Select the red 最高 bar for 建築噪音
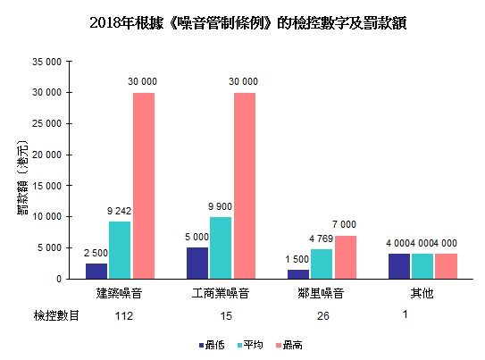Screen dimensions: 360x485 (144, 186)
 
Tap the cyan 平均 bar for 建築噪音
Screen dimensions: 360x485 (121, 250)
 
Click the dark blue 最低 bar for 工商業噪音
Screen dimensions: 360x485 (197, 263)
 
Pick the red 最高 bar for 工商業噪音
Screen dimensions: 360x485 (244, 186)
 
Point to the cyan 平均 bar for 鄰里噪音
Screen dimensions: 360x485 (322, 264)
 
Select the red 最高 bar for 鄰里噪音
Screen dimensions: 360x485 (345, 257)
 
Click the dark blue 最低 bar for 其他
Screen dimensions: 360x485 (398, 266)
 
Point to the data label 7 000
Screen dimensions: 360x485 (345, 224)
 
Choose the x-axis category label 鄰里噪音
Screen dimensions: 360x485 (322, 293)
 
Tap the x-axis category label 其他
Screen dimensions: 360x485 (422, 293)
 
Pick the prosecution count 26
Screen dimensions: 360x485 (322, 315)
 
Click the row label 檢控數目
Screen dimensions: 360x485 (57, 315)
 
